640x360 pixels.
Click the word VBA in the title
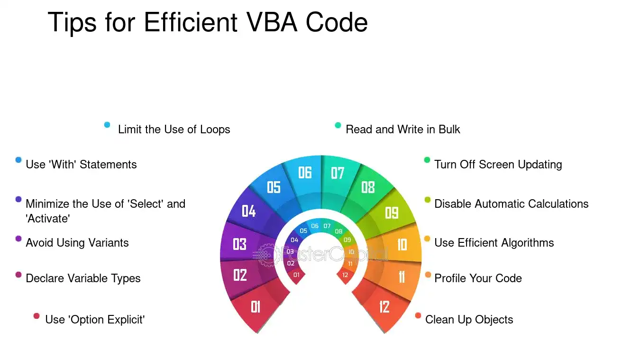[272, 22]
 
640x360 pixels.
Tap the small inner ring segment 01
[297, 276]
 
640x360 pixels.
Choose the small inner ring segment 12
[346, 276]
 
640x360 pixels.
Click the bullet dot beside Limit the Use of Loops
[107, 125]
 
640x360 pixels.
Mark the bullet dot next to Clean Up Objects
[418, 316]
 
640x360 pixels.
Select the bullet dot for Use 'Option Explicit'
[37, 316]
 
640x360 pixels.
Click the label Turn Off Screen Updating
[498, 165]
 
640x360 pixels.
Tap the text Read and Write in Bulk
[403, 129]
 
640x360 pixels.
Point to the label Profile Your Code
[478, 278]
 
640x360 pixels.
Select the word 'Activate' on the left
[48, 219]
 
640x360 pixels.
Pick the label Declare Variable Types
[83, 278]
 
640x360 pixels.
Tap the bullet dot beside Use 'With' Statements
[18, 160]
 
